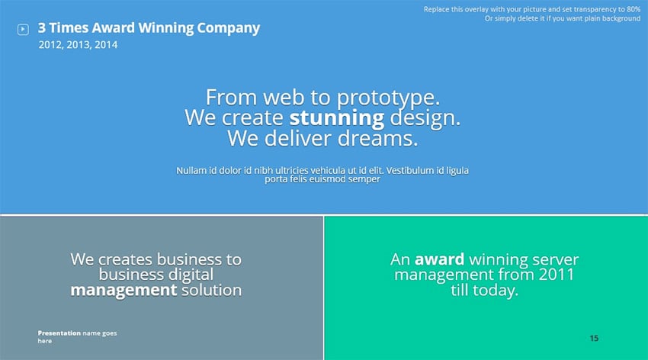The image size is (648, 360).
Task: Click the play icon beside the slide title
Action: pyautogui.click(x=23, y=29)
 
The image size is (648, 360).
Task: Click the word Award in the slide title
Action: pyautogui.click(x=114, y=27)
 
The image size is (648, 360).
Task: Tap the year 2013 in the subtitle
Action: pyautogui.click(x=79, y=45)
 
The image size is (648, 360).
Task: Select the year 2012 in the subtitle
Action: pyautogui.click(x=51, y=45)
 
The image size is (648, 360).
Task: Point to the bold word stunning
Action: pyautogui.click(x=337, y=118)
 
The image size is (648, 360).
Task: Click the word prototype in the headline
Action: pyautogui.click(x=388, y=98)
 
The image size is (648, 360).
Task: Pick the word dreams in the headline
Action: pyautogui.click(x=377, y=138)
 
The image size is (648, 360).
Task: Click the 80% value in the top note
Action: pyautogui.click(x=634, y=9)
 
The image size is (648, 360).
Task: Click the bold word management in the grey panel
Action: pyautogui.click(x=124, y=291)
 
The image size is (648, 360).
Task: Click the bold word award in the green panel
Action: pyautogui.click(x=439, y=259)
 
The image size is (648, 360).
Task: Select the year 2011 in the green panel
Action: pyautogui.click(x=557, y=275)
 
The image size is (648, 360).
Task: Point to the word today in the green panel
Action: pyautogui.click(x=496, y=290)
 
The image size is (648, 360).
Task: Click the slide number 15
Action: pyautogui.click(x=594, y=339)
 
